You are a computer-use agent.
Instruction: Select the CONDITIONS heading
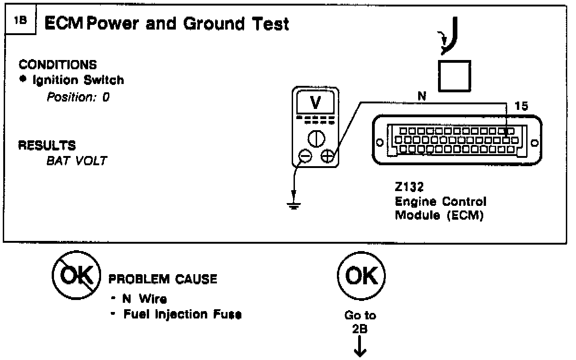pos(58,65)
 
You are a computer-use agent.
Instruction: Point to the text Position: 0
pos(77,98)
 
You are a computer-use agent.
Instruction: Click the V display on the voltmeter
pos(316,103)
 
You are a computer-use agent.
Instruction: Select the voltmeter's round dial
pos(316,138)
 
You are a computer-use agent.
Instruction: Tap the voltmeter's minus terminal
pos(304,157)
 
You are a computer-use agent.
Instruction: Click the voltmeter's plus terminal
pos(328,157)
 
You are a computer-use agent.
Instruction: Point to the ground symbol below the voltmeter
pos(292,204)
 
